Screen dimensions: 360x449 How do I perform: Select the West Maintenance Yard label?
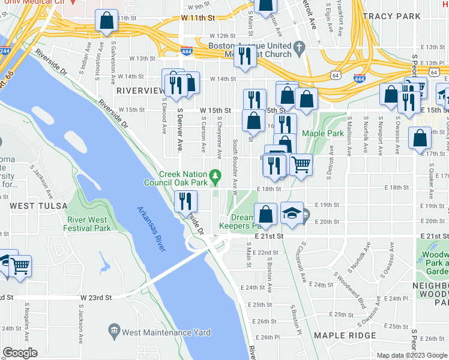click(166, 331)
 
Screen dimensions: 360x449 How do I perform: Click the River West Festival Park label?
click(89, 224)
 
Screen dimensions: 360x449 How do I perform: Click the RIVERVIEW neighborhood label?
click(140, 90)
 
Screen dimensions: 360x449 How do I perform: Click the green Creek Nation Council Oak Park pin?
click(219, 175)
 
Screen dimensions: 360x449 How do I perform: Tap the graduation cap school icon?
click(292, 214)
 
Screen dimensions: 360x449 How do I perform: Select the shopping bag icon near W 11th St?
click(106, 20)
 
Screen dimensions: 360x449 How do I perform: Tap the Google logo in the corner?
click(20, 353)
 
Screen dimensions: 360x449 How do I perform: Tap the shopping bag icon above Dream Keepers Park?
click(265, 214)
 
